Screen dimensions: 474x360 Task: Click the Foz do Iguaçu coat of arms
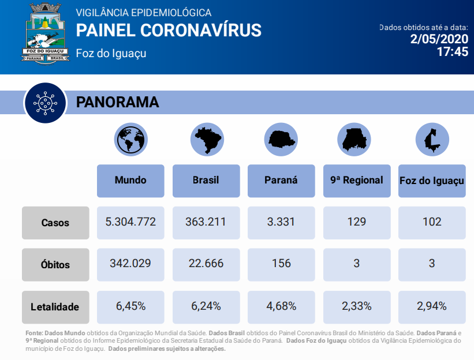pyautogui.click(x=46, y=33)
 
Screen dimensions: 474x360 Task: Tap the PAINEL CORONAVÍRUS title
pyautogui.click(x=169, y=30)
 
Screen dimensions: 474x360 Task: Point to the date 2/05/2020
pyautogui.click(x=439, y=39)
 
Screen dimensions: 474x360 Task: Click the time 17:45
pyautogui.click(x=453, y=52)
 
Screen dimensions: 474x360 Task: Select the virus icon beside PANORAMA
pyautogui.click(x=46, y=103)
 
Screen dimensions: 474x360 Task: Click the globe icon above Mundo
pyautogui.click(x=131, y=140)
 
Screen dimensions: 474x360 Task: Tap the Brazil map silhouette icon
pyautogui.click(x=207, y=140)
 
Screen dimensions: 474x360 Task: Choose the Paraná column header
pyautogui.click(x=281, y=181)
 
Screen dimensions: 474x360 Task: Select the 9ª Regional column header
pyautogui.click(x=357, y=181)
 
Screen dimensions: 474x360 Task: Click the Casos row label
pyautogui.click(x=55, y=223)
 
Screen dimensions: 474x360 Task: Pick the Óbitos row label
pyautogui.click(x=55, y=265)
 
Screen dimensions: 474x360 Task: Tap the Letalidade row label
pyautogui.click(x=55, y=307)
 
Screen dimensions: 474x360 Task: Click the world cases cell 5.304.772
pyautogui.click(x=130, y=223)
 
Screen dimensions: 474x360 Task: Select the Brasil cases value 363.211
pyautogui.click(x=206, y=223)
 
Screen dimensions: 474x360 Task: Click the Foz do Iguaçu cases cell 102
pyautogui.click(x=432, y=223)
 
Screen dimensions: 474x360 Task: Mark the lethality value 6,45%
pyautogui.click(x=130, y=307)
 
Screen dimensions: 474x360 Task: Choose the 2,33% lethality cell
pyautogui.click(x=357, y=307)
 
